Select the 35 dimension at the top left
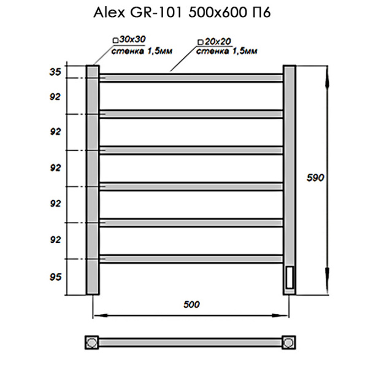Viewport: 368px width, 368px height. click(x=56, y=72)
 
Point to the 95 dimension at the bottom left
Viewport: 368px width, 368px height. click(x=56, y=277)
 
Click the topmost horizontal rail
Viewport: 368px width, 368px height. click(x=191, y=78)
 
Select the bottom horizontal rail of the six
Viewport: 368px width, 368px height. click(x=191, y=258)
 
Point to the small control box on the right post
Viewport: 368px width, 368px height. click(x=289, y=277)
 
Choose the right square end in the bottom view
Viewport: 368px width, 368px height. click(x=289, y=342)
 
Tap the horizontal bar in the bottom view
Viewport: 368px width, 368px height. click(x=191, y=342)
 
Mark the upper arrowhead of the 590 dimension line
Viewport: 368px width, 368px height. click(x=326, y=71)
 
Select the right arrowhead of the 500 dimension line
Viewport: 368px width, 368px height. click(x=284, y=316)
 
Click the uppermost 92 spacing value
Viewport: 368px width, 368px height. click(x=56, y=96)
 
